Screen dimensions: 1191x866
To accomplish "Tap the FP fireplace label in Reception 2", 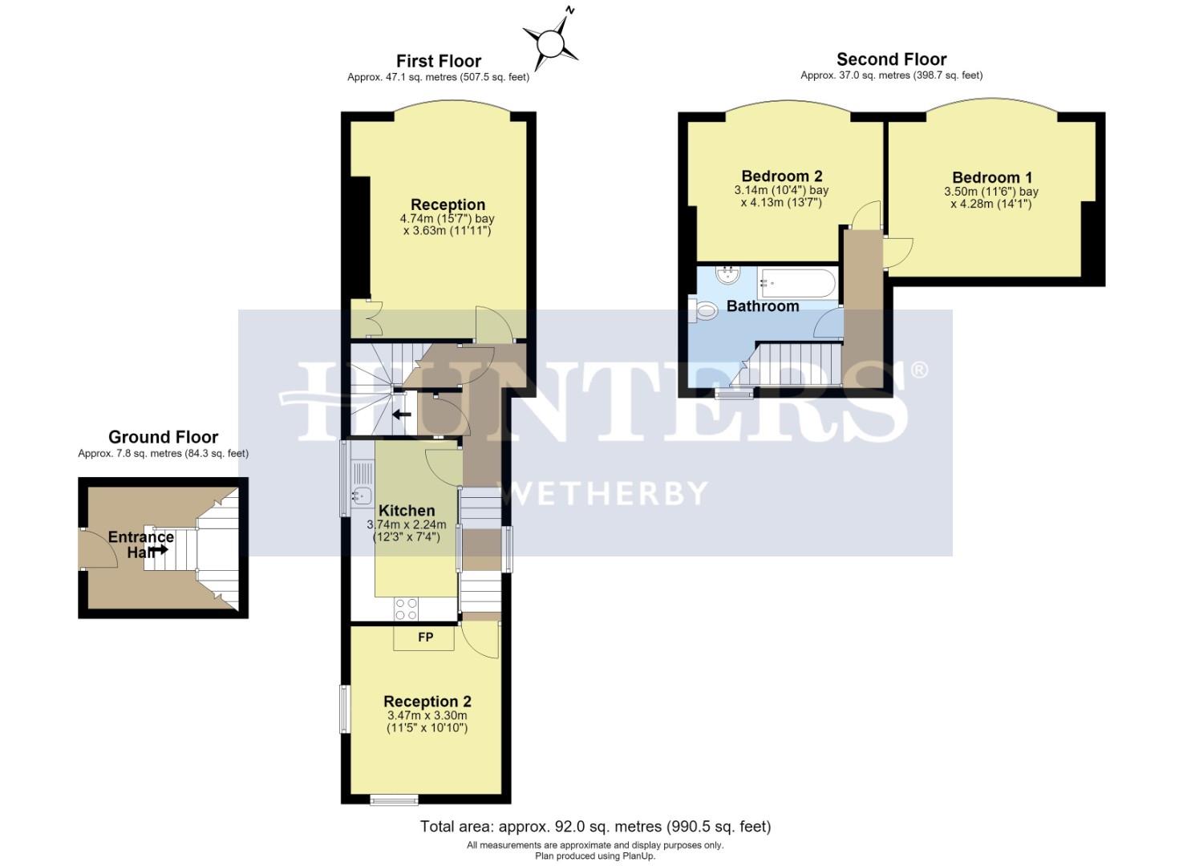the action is point(425,637).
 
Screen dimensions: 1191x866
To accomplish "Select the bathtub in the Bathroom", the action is point(797,283).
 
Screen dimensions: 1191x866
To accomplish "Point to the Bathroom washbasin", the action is point(727,275).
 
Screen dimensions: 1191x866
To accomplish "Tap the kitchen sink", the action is point(362,496).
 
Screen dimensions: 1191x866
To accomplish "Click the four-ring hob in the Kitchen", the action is point(406,609).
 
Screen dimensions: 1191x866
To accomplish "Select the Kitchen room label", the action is point(407,510).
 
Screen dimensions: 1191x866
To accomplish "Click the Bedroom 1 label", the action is point(993,177).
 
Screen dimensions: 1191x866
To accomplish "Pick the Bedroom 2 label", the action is point(782,176).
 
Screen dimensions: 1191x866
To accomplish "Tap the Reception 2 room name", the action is point(427,701).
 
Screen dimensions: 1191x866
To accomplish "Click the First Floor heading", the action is point(439,61).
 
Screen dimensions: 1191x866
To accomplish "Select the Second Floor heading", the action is point(892,59).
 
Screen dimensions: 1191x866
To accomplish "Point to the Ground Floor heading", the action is point(164,437).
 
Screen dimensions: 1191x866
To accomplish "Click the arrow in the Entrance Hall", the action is point(160,550).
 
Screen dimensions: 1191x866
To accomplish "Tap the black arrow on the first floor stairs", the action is point(402,414).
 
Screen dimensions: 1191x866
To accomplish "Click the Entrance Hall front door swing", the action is point(98,548).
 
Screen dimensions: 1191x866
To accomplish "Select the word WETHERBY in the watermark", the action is point(606,493).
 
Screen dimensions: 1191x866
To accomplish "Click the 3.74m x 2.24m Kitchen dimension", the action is point(407,524).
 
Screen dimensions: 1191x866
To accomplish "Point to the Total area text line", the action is point(595,827).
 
